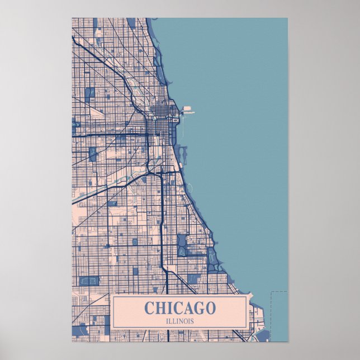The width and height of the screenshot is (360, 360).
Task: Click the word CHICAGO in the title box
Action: (179, 308)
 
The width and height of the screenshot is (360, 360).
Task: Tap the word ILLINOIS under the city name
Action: (179, 320)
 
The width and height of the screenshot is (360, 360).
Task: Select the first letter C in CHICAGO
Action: (149, 308)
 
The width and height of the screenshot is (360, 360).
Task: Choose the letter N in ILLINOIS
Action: (182, 320)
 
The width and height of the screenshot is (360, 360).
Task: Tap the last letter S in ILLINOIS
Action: (192, 320)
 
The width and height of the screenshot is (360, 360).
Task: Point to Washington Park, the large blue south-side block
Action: (182, 245)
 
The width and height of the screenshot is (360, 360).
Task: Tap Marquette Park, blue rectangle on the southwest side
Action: (89, 280)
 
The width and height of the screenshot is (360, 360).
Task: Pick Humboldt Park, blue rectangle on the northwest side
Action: (89, 93)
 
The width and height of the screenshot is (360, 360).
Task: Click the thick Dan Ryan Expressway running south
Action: (161, 224)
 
